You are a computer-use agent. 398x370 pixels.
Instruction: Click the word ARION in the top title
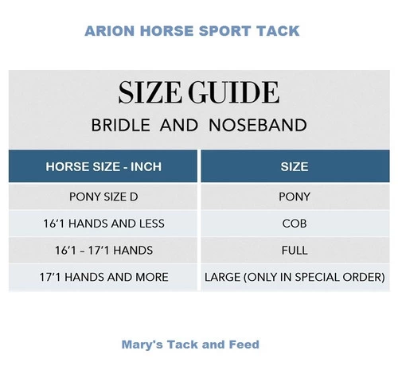(x=108, y=32)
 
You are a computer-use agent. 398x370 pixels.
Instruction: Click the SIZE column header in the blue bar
(x=295, y=168)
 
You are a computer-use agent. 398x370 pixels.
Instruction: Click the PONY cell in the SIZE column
(x=295, y=197)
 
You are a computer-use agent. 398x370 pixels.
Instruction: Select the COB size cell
(x=295, y=224)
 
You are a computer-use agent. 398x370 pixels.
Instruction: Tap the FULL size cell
(x=295, y=251)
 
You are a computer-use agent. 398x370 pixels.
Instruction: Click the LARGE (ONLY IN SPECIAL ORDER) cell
(x=295, y=277)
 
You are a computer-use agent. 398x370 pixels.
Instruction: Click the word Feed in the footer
(x=244, y=345)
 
